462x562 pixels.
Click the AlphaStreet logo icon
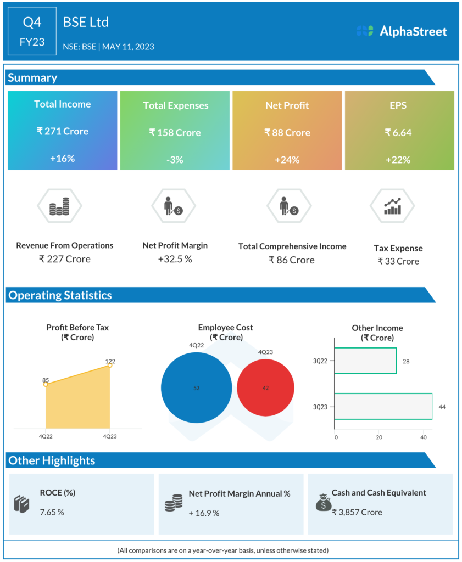(364, 31)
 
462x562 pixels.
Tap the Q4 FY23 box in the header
(32, 31)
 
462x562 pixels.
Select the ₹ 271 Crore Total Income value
(63, 131)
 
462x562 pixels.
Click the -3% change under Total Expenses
(175, 160)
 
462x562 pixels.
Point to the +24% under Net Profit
(287, 160)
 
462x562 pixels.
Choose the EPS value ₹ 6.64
(398, 132)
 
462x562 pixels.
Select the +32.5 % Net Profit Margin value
(175, 259)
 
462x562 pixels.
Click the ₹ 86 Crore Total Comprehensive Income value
(292, 260)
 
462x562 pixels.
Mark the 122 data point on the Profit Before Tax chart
(110, 366)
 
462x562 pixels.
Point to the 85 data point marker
(46, 384)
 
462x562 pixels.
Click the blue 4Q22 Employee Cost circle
(197, 388)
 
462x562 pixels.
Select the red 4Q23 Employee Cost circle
(265, 388)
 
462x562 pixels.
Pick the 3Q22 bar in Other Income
(365, 361)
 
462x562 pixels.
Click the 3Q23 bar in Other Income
(383, 407)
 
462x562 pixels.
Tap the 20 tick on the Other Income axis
(379, 437)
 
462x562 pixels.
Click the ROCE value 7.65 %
(52, 512)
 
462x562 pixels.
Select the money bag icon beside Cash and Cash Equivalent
(323, 502)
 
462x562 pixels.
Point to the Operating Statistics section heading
(59, 295)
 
